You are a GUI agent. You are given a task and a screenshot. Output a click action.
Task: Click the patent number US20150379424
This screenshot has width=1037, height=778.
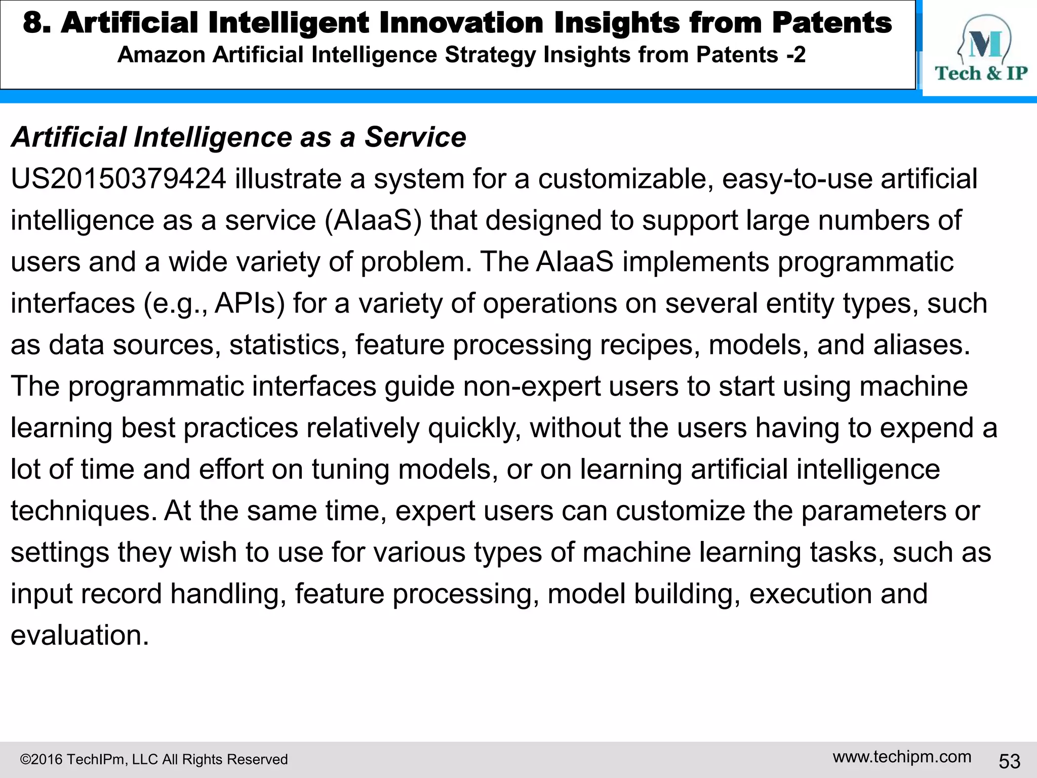(x=118, y=179)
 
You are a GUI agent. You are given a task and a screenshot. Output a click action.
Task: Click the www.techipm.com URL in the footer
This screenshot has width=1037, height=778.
(x=902, y=757)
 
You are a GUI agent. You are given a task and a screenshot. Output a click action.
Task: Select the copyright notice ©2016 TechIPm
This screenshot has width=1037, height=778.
(x=153, y=759)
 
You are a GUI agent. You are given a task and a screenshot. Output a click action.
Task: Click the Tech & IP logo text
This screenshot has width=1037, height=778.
(x=981, y=73)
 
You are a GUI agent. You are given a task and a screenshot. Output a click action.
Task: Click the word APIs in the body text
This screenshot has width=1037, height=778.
(x=250, y=303)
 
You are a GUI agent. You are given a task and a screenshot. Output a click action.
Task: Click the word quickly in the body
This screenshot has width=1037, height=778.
(x=474, y=428)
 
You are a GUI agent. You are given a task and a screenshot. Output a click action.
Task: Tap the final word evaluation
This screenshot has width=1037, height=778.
(x=79, y=635)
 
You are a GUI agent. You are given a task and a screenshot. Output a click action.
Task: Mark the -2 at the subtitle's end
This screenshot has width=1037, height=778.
(x=795, y=55)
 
